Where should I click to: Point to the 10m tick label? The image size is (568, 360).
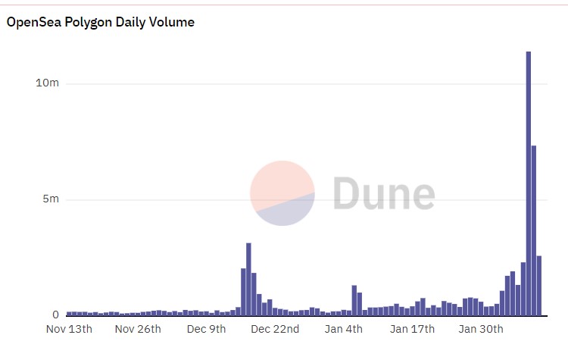point(47,83)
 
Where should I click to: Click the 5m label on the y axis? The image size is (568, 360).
point(50,199)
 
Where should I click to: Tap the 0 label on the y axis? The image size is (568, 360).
point(55,315)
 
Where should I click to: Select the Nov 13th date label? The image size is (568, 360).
point(69,329)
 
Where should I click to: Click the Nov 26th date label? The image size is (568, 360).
point(138,329)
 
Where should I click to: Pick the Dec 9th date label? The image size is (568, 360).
point(207,329)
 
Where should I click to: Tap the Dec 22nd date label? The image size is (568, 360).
point(275,329)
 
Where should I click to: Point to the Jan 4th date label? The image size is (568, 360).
point(343,329)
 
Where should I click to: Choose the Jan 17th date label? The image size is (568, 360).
point(412,329)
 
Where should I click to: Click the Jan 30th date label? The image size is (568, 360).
point(481,329)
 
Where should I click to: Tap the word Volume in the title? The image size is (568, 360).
point(173,23)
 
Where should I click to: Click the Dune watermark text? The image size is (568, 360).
point(384,193)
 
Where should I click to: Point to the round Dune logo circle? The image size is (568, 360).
point(282,193)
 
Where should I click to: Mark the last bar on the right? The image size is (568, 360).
point(539,286)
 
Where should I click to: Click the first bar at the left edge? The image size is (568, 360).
point(69,313)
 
